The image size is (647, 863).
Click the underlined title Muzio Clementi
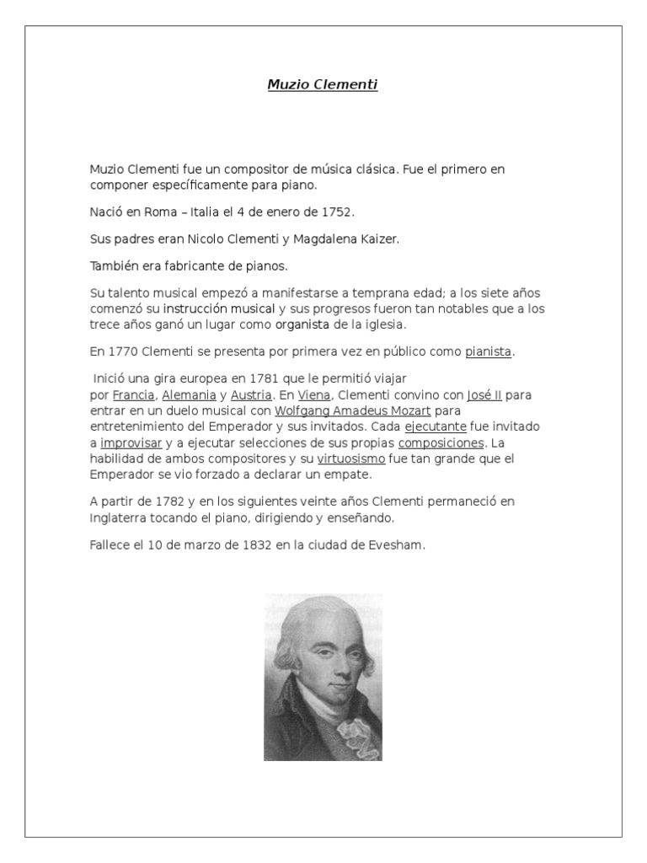pos(323,84)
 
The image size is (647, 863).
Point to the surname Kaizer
pos(377,239)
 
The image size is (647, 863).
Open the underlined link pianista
pos(488,351)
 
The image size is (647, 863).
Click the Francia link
pos(133,394)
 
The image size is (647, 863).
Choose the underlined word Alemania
pos(189,394)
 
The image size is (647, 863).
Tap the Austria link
pos(251,394)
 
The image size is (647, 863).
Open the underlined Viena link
pos(314,394)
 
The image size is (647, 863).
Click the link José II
pos(484,394)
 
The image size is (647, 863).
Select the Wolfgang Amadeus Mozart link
pos(353,410)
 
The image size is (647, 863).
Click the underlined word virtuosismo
pos(351,458)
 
